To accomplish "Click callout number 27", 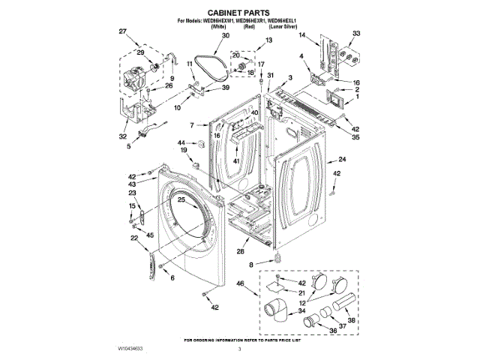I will click(x=123, y=31).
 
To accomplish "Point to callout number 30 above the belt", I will click(x=205, y=36).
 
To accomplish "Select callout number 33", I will click(x=356, y=33).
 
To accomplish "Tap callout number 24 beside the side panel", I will click(x=342, y=160).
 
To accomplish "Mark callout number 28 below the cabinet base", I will click(x=241, y=251).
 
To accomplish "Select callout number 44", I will click(x=181, y=142).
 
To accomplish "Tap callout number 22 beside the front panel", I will click(x=133, y=238).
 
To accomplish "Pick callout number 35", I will click(x=355, y=138).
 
